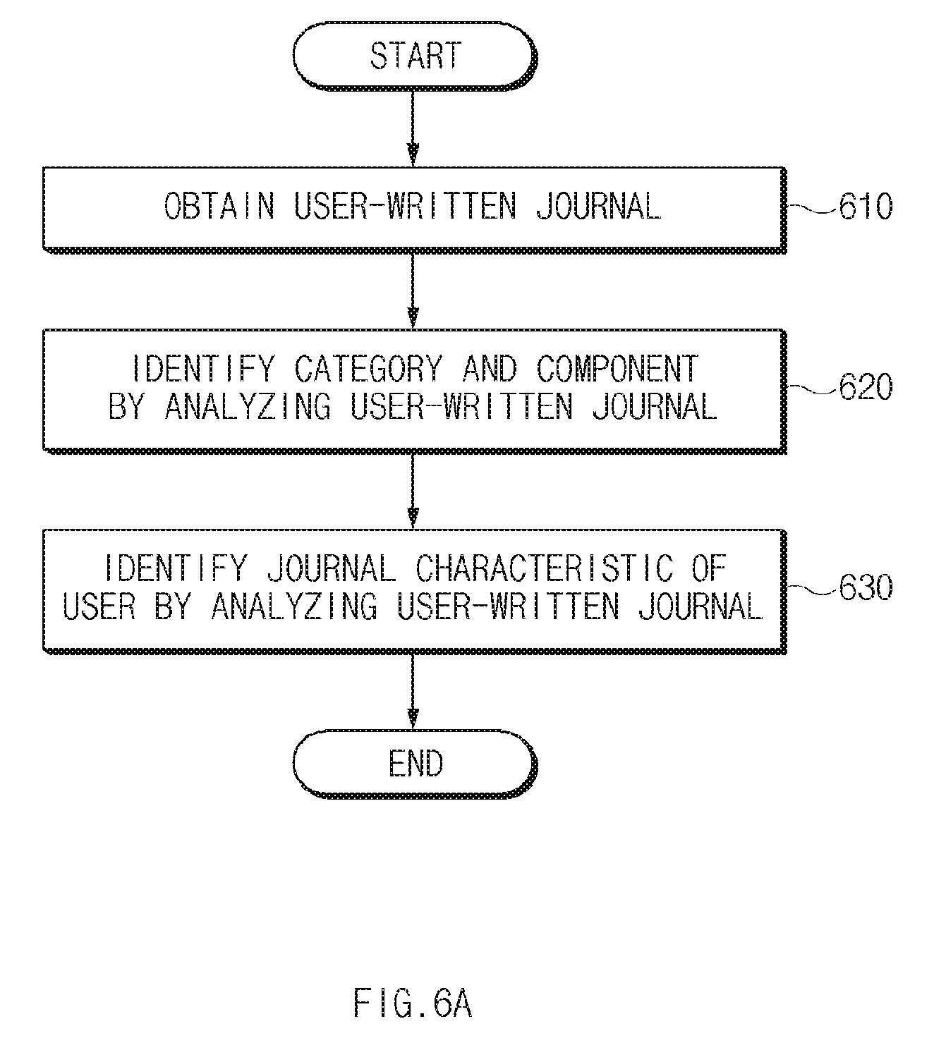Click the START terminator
point(415,56)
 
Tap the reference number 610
point(866,207)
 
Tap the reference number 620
point(866,386)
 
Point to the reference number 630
point(866,587)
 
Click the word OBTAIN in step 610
point(219,206)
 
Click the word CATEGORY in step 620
point(368,368)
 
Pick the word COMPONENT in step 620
point(617,368)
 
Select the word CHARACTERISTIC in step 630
point(545,568)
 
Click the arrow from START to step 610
point(413,129)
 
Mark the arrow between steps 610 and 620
point(413,291)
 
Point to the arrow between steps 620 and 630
point(413,491)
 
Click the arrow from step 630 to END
point(413,692)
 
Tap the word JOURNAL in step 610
point(598,206)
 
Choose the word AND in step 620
point(490,368)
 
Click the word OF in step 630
point(709,568)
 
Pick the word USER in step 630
point(99,606)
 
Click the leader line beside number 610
point(812,208)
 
